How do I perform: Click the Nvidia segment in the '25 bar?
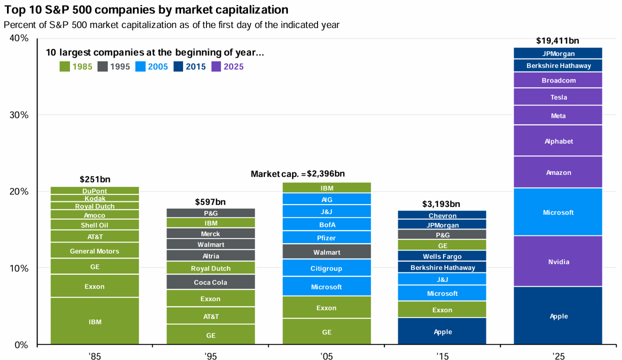558,261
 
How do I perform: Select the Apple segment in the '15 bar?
442,331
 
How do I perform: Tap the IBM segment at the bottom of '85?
95,321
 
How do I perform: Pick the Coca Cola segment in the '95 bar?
210,282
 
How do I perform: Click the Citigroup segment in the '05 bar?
326,268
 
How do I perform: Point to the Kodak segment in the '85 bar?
95,198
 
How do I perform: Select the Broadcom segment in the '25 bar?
558,80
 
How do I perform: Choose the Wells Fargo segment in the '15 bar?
442,256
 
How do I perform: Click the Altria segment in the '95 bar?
210,256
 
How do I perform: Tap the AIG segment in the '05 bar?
326,199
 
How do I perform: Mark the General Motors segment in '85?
95,251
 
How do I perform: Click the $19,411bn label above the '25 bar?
557,41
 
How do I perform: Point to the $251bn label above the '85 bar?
95,179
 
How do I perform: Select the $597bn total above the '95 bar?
210,202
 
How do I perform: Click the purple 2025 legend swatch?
217,66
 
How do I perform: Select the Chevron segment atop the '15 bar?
442,215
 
